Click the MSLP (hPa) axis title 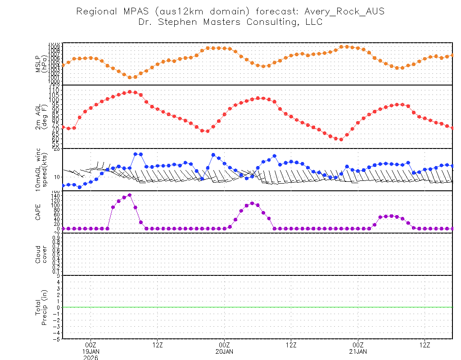tap(41, 63)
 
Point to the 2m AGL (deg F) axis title tap(41, 117)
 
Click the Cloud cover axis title tap(41, 254)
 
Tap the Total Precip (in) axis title tap(41, 307)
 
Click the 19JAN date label tap(91, 351)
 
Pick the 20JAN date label tap(224, 351)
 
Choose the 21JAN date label tap(358, 351)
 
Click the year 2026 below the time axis tap(91, 357)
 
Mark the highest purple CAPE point tap(130, 195)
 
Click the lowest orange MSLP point tap(130, 77)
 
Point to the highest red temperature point tap(130, 92)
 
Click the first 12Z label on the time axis tap(158, 345)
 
